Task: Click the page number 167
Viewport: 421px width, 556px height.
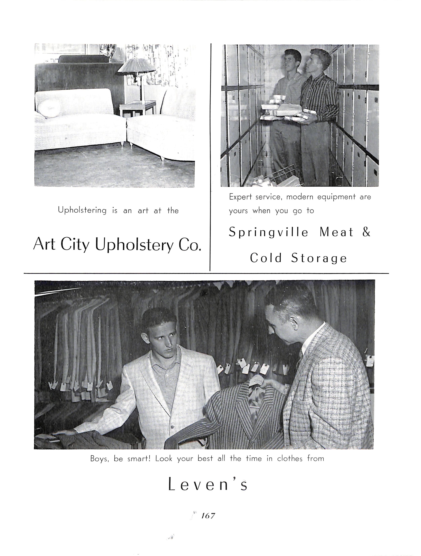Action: pyautogui.click(x=208, y=516)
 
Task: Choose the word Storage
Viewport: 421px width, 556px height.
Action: pyautogui.click(x=319, y=258)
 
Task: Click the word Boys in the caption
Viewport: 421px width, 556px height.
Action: pyautogui.click(x=99, y=459)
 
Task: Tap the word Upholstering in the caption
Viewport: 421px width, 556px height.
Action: pyautogui.click(x=82, y=210)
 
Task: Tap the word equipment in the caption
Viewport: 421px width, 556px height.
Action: pyautogui.click(x=336, y=197)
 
